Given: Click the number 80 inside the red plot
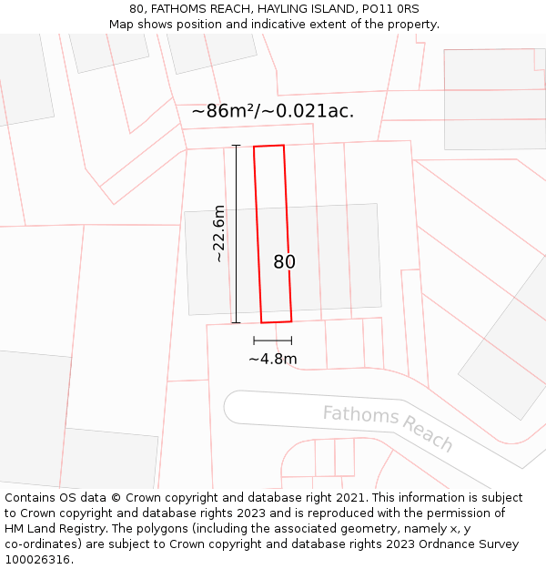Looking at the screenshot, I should point(284,262).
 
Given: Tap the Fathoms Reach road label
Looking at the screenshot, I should point(389,428).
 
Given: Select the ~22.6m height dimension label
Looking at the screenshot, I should point(219,234).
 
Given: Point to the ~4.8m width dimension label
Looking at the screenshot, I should point(273,359).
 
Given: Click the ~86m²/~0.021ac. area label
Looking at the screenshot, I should point(273,111).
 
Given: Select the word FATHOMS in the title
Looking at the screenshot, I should point(180,8).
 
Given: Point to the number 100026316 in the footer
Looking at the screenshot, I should point(37,559).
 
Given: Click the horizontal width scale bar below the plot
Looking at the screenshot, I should point(273,340).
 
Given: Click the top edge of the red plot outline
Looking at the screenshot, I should point(268,146).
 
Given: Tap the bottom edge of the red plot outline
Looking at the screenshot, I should point(277,321).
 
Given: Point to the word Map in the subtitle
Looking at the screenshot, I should point(121,24).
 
